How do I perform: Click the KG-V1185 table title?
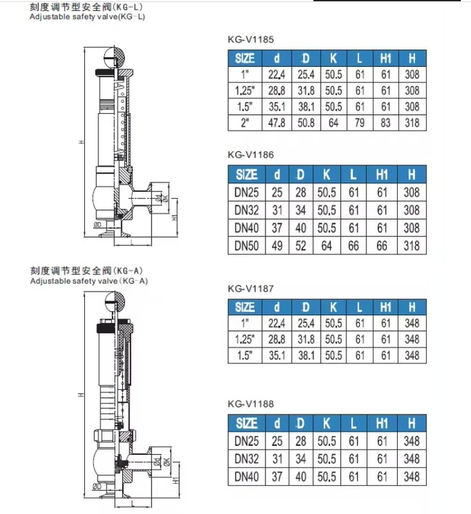251,40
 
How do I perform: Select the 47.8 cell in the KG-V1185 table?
277,123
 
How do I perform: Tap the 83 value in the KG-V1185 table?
386,123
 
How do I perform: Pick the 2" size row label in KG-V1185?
245,123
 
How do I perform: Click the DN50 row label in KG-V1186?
247,246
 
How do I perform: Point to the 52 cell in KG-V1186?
301,246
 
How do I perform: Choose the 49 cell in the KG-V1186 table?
277,246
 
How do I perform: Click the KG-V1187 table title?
251,288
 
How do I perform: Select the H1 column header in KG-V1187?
386,307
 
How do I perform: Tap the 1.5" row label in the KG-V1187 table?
245,355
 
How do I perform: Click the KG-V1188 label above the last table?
251,404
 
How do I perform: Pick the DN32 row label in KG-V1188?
247,459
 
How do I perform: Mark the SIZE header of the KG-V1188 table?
247,423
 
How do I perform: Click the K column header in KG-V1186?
326,175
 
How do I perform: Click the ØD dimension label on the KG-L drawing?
97,225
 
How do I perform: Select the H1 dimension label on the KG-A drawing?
175,481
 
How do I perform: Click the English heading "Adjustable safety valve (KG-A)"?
89,281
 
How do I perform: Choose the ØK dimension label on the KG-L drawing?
166,199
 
